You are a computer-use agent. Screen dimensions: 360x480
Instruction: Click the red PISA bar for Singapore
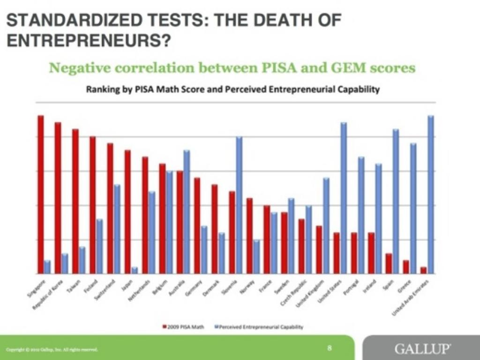click(x=41, y=194)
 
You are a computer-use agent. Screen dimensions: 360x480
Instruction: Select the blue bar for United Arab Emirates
click(x=431, y=194)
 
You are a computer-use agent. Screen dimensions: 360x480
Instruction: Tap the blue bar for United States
click(x=344, y=198)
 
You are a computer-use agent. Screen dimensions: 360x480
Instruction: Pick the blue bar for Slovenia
click(x=239, y=205)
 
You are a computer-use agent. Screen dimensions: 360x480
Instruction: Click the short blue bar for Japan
click(x=135, y=270)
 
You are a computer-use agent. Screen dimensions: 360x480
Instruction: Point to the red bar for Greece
click(x=406, y=267)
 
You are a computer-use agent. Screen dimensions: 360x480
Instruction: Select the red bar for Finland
click(x=93, y=205)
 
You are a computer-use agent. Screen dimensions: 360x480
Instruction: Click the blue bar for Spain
click(x=396, y=201)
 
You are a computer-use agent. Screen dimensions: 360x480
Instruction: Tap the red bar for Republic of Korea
click(x=58, y=198)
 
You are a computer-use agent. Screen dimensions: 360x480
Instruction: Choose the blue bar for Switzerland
click(x=117, y=229)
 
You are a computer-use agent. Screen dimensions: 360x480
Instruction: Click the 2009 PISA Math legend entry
click(x=185, y=327)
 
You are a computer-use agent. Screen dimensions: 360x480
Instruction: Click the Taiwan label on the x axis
click(x=74, y=286)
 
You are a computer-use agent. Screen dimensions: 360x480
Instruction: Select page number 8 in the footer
click(x=330, y=348)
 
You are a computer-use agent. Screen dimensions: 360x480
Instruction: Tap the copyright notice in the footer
click(x=52, y=350)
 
